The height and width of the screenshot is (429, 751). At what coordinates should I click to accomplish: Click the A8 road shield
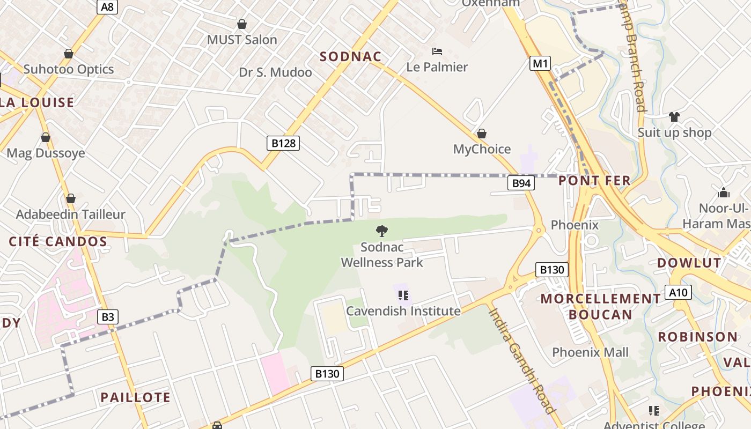(107, 6)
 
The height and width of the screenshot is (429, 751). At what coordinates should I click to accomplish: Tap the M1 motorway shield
(540, 64)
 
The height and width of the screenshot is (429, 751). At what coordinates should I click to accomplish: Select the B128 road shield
(283, 143)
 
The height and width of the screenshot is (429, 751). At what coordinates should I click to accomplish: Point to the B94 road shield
(521, 183)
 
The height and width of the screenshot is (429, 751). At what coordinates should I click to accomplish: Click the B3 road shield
(108, 317)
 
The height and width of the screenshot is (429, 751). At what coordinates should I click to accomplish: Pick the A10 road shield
(678, 292)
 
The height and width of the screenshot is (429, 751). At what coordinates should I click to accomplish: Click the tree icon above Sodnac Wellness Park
(382, 232)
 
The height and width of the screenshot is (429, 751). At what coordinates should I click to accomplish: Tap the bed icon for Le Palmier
(437, 51)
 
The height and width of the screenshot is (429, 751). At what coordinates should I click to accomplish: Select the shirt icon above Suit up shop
(674, 116)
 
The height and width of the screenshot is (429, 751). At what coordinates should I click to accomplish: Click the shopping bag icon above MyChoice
(482, 134)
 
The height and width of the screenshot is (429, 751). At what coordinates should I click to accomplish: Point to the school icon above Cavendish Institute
(403, 295)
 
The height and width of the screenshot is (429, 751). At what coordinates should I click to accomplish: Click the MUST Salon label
(242, 40)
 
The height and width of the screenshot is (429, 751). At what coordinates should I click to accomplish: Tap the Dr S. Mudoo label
(275, 72)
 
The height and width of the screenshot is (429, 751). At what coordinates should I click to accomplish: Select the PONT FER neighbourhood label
(594, 181)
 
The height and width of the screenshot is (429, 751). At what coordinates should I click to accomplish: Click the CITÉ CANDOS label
(58, 241)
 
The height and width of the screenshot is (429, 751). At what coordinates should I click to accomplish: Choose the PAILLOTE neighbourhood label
(136, 397)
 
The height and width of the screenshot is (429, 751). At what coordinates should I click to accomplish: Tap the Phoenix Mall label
(590, 352)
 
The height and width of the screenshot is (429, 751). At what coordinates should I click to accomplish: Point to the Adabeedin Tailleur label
(71, 214)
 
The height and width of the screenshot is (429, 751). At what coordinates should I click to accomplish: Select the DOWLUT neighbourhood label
(689, 263)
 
